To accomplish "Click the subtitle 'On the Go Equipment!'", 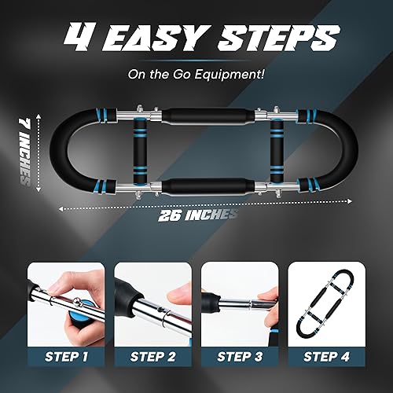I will (196, 75).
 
